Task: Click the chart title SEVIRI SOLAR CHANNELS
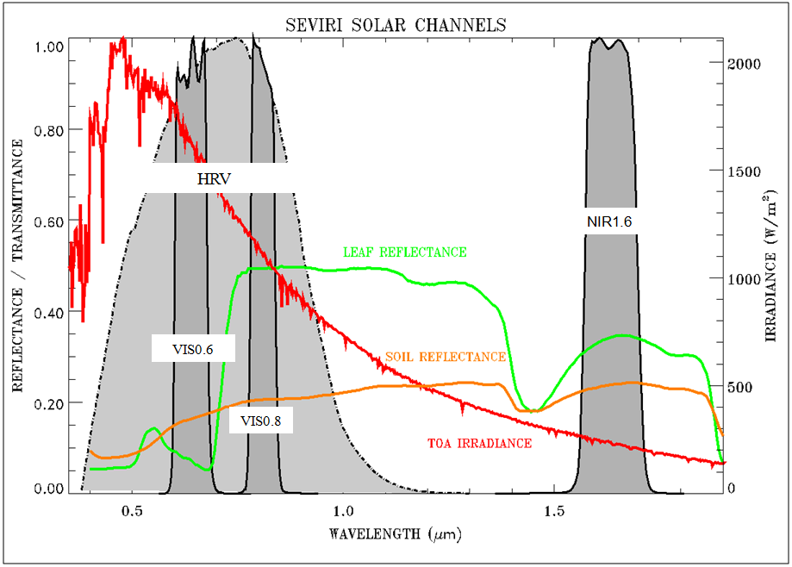pos(396,24)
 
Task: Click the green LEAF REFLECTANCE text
pos(404,252)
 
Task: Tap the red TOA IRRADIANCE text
pos(479,444)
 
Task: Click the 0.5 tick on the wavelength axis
pos(132,509)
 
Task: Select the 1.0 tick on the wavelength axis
pos(344,509)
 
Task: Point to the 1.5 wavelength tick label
pos(555,509)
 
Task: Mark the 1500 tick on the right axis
pos(746,171)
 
